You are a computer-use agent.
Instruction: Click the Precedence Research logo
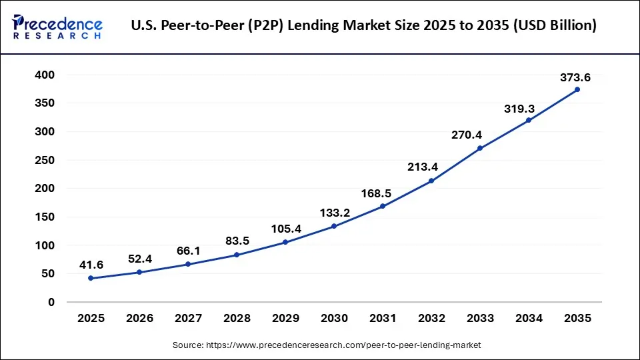pyautogui.click(x=57, y=27)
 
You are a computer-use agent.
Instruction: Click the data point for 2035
pyautogui.click(x=577, y=89)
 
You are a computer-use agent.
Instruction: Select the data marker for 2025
pyautogui.click(x=91, y=278)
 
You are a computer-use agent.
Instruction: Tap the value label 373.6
pyautogui.click(x=575, y=78)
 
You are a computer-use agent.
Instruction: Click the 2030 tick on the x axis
pyautogui.click(x=334, y=319)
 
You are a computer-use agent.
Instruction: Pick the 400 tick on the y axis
pyautogui.click(x=45, y=75)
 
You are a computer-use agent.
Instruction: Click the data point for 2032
pyautogui.click(x=431, y=181)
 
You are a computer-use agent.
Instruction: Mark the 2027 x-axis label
pyautogui.click(x=188, y=319)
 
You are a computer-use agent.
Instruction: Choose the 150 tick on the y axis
pyautogui.click(x=45, y=217)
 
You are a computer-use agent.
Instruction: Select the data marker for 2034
pyautogui.click(x=529, y=120)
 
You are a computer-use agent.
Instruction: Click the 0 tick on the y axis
pyautogui.click(x=51, y=302)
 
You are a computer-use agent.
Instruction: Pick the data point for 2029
pyautogui.click(x=285, y=242)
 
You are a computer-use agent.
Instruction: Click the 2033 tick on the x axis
pyautogui.click(x=480, y=319)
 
